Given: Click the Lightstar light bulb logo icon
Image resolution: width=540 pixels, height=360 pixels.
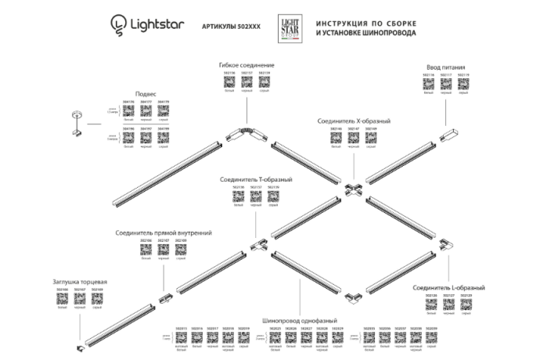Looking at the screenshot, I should point(118,26).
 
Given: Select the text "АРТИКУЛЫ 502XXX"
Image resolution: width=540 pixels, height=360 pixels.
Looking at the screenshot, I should point(232,27).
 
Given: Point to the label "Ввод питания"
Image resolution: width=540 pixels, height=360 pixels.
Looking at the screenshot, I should point(447,68).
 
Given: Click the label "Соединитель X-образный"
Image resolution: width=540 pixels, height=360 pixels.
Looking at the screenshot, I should point(354,122).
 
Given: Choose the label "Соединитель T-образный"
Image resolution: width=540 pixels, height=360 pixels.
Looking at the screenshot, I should point(256,179).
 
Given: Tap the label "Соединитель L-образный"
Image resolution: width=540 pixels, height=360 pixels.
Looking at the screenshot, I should point(449,287).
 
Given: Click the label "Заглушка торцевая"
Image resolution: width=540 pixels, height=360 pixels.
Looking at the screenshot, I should point(79,281).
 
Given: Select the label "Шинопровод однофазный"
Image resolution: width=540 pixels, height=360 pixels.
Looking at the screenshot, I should point(301,319).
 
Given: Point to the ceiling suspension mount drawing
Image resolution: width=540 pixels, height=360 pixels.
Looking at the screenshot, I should point(76,124).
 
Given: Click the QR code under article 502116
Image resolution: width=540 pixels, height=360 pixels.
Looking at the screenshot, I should point(429,86).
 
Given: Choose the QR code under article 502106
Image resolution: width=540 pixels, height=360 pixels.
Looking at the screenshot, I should point(146,250).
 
